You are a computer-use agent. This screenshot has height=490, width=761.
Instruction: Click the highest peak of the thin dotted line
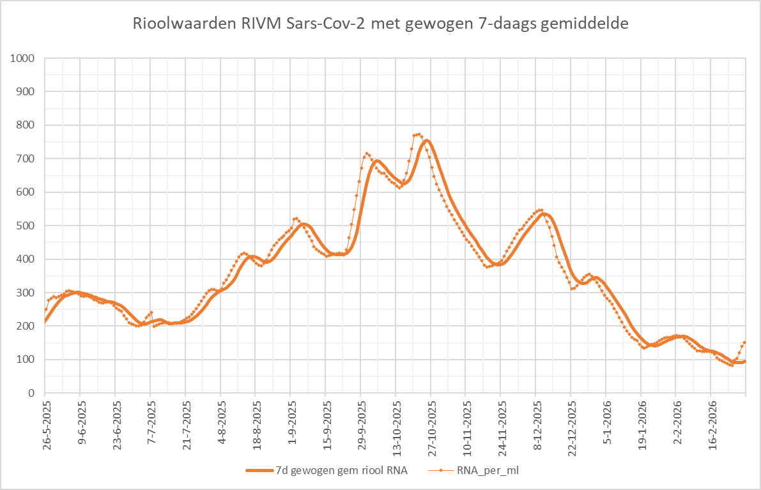pyautogui.click(x=419, y=134)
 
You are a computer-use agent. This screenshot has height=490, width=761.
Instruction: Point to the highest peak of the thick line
pyautogui.click(x=426, y=141)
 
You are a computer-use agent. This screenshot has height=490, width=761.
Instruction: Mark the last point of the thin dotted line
pyautogui.click(x=744, y=342)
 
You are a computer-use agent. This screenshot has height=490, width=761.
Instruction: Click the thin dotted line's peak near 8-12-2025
pyautogui.click(x=541, y=210)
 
